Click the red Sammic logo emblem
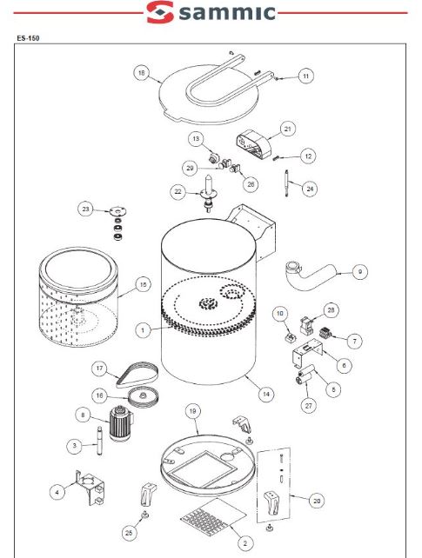(160, 12)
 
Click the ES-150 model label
(28, 38)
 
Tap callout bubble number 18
(141, 73)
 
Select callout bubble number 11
(306, 76)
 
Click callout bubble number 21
(287, 130)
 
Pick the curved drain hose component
(309, 275)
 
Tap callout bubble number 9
(360, 272)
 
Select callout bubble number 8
(83, 415)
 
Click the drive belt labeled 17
(137, 375)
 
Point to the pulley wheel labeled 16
(144, 397)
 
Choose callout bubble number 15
(143, 285)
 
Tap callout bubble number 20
(317, 501)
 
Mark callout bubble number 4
(57, 492)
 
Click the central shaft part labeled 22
(209, 193)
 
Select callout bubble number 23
(85, 209)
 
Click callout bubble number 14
(266, 395)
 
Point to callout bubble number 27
(308, 406)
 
